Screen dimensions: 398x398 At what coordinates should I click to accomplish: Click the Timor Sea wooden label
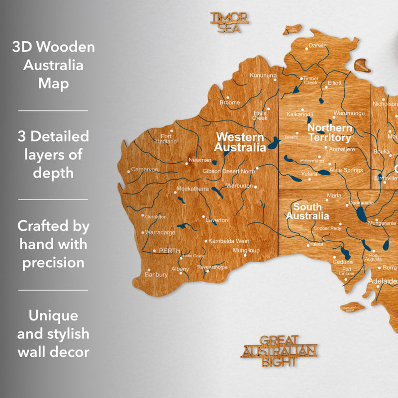(229, 22)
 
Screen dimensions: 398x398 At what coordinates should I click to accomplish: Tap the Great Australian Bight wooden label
(279, 351)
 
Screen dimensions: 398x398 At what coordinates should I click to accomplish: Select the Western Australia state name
(240, 142)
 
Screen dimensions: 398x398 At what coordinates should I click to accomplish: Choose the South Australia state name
(307, 211)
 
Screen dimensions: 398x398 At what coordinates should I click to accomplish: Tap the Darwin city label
(317, 46)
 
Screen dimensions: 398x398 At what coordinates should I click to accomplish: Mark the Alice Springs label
(346, 170)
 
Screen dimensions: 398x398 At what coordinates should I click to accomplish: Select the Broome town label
(230, 102)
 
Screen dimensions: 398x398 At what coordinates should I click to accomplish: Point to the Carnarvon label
(144, 170)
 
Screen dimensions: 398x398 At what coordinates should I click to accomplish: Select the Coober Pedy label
(327, 229)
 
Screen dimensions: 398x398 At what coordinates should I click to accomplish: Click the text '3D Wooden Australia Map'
(53, 66)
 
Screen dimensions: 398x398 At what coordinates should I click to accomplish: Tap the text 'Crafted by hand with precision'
(53, 244)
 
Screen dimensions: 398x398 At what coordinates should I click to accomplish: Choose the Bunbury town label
(156, 274)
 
